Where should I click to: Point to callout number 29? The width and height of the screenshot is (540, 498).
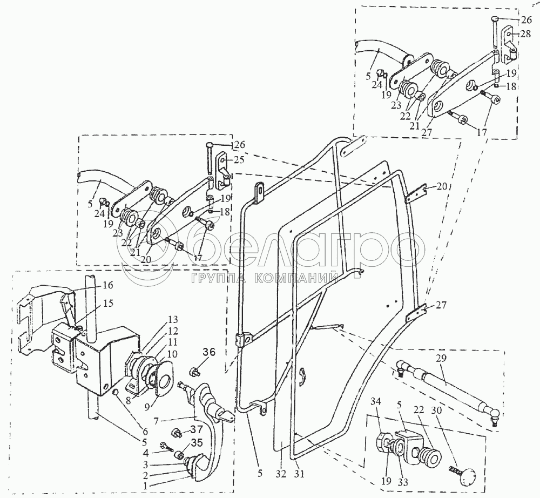(442, 359)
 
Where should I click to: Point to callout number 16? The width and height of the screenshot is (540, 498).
(107, 285)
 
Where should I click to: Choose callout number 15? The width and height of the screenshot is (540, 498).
(108, 303)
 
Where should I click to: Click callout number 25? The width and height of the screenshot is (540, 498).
(238, 160)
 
